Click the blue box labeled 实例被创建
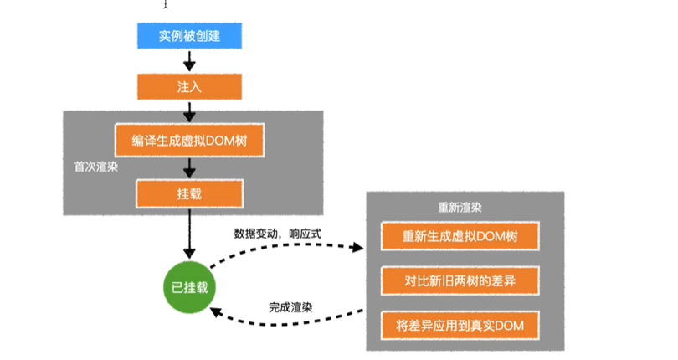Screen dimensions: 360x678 (188, 36)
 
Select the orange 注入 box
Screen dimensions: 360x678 (188, 86)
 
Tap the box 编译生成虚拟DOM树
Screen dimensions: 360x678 (189, 141)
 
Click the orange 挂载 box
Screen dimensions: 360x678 (189, 193)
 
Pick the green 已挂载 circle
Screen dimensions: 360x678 (189, 288)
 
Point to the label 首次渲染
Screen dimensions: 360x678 (96, 166)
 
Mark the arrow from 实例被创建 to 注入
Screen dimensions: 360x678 (189, 61)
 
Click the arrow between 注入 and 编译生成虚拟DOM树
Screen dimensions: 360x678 (189, 111)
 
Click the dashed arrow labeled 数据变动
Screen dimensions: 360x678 (285, 245)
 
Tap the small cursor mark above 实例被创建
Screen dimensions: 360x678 (165, 4)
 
